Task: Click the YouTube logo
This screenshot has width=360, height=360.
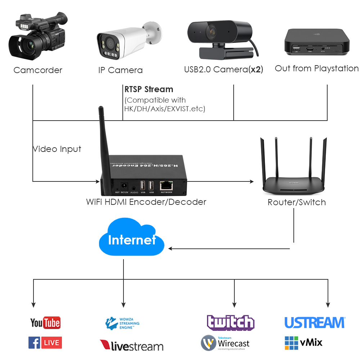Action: pyautogui.click(x=45, y=323)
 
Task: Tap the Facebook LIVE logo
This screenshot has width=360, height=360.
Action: pyautogui.click(x=45, y=342)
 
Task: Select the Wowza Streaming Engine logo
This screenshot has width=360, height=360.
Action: pyautogui.click(x=122, y=323)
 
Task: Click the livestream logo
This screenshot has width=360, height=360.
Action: pyautogui.click(x=131, y=346)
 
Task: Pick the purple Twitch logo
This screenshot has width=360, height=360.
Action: pyautogui.click(x=230, y=323)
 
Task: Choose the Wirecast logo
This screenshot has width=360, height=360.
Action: pyautogui.click(x=225, y=343)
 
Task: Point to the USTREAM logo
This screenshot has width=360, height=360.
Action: pyautogui.click(x=315, y=323)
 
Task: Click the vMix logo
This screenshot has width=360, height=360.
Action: pyautogui.click(x=303, y=342)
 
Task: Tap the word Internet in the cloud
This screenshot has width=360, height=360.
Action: pyautogui.click(x=132, y=240)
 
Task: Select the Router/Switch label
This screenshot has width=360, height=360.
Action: pyautogui.click(x=297, y=202)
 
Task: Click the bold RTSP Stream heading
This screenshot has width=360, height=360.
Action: pyautogui.click(x=149, y=89)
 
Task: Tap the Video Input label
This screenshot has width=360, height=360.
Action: pyautogui.click(x=57, y=149)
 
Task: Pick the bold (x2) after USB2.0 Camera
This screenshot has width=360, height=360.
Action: pyautogui.click(x=256, y=69)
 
